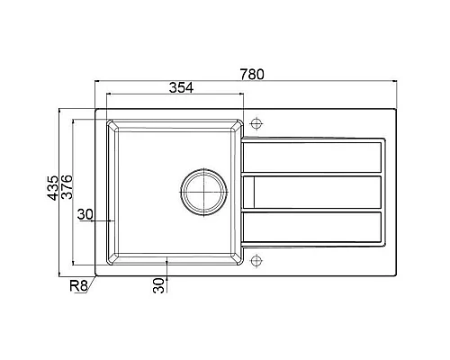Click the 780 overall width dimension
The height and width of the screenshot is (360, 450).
click(253, 74)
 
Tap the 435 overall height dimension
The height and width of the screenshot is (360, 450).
click(53, 188)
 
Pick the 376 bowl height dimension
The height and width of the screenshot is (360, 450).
click(67, 188)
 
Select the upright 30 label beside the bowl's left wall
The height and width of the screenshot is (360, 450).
click(85, 213)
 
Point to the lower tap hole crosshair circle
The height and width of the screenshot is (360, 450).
click(256, 261)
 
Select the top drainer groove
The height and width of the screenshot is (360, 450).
click(311, 157)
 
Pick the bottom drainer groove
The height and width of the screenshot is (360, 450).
click(311, 227)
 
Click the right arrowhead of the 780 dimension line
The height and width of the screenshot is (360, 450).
click(396, 81)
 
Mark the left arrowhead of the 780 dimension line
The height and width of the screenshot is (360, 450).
click(96, 81)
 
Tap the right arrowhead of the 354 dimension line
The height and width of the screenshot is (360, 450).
click(241, 94)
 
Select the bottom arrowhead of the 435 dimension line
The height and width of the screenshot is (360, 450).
click(61, 274)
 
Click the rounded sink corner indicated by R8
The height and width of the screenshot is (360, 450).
click(98, 272)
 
